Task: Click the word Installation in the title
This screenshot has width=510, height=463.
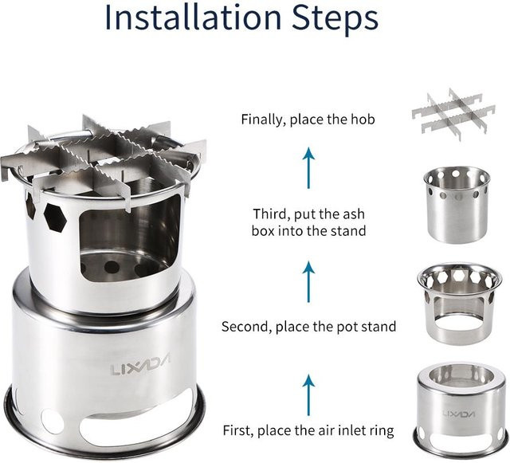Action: click(193, 17)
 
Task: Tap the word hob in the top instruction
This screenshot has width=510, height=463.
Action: click(363, 119)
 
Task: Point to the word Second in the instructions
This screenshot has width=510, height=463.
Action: click(246, 327)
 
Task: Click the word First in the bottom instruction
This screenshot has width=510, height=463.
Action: click(237, 430)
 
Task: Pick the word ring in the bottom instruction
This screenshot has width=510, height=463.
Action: click(382, 431)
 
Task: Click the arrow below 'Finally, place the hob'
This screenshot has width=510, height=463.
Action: click(308, 168)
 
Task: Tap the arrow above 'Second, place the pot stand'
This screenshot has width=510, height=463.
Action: click(308, 282)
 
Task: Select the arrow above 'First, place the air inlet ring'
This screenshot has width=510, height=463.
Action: click(308, 395)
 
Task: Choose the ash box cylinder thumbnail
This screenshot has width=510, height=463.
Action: click(457, 204)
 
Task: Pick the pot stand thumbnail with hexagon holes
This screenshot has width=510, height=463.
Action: click(458, 304)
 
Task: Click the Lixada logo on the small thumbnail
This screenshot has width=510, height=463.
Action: click(459, 414)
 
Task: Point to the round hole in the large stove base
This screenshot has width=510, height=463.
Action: click(53, 422)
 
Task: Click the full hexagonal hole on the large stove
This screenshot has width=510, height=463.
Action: click(55, 218)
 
